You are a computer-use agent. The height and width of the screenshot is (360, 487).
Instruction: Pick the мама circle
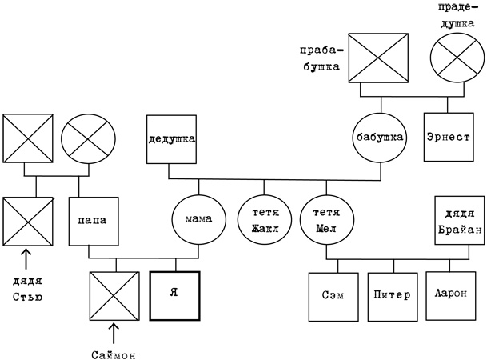pyautogui.click(x=198, y=218)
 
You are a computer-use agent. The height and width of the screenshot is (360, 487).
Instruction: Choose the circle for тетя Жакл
pyautogui.click(x=261, y=218)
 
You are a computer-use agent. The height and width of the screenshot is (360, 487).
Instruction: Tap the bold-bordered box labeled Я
pyautogui.click(x=174, y=295)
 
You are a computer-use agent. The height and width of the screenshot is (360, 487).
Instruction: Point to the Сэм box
pyautogui.click(x=332, y=295)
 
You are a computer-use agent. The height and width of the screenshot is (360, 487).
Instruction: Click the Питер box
pyautogui.click(x=391, y=295)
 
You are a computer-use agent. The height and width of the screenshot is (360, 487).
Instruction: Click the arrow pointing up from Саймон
pyautogui.click(x=114, y=333)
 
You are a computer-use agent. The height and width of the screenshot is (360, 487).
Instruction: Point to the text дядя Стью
pyautogui.click(x=28, y=290)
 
